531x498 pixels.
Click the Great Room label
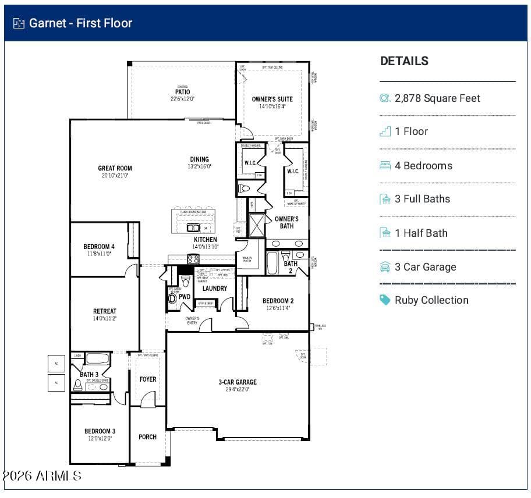[x=115, y=168]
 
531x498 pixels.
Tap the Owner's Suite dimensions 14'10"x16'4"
[x=272, y=106]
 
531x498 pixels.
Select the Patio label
[x=182, y=92]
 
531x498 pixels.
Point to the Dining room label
[x=199, y=159]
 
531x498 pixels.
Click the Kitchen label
[x=205, y=239]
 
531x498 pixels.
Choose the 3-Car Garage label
[x=237, y=382]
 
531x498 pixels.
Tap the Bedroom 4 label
[x=98, y=247]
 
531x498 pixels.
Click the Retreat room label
[x=105, y=311]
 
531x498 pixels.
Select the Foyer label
[x=148, y=379]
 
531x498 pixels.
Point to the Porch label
[x=147, y=437]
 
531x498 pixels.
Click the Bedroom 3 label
[x=100, y=431]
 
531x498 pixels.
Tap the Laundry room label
[x=214, y=289]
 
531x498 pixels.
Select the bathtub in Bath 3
[x=98, y=358]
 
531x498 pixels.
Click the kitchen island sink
[x=193, y=227]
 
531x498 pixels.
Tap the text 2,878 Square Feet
[x=437, y=98]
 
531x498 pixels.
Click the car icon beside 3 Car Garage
[x=385, y=267]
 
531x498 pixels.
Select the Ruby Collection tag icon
[x=385, y=300]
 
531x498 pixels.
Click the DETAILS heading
[x=404, y=61]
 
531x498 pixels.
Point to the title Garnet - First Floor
[x=80, y=23]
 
